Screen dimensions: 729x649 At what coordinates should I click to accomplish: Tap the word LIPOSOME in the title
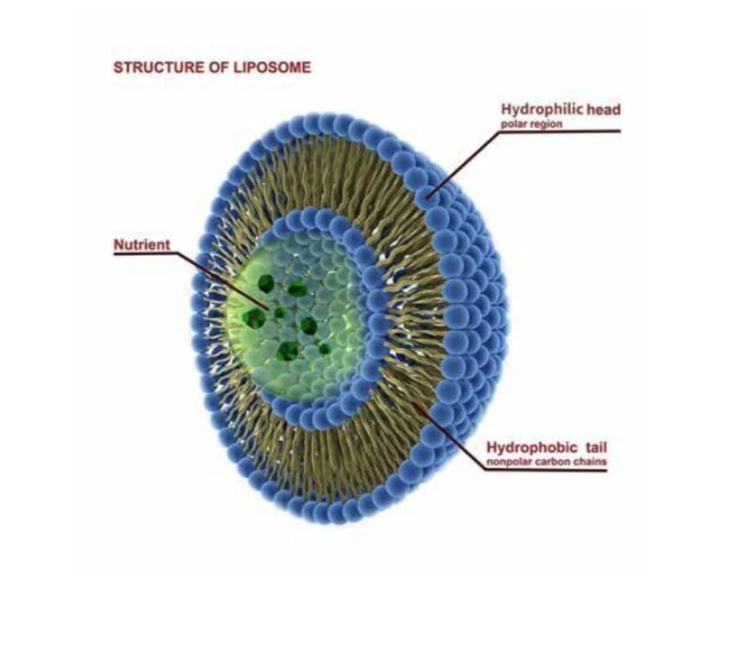click(272, 67)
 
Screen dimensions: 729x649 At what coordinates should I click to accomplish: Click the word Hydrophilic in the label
click(542, 109)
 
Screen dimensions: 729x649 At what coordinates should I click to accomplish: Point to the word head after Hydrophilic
click(604, 109)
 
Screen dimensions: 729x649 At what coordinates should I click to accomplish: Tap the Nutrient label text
click(142, 245)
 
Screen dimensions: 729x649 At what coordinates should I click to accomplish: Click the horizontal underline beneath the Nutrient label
click(145, 254)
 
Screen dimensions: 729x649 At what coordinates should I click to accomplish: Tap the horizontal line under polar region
click(559, 131)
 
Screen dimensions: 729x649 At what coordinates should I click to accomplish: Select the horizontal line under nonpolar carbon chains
click(545, 470)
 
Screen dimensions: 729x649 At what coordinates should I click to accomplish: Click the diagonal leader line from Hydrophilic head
click(463, 163)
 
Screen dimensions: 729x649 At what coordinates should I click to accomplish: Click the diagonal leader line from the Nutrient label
click(223, 281)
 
